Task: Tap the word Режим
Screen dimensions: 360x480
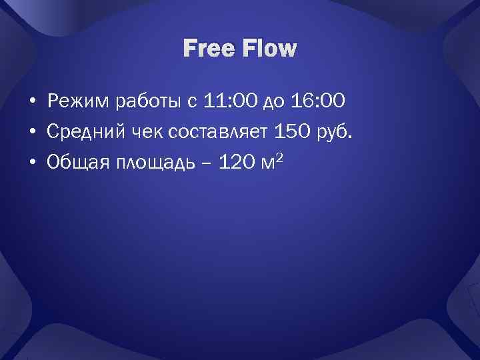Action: (x=79, y=102)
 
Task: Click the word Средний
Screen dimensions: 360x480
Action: (x=84, y=131)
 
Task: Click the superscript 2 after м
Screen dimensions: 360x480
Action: (x=279, y=157)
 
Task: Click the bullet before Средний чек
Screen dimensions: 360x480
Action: (x=32, y=132)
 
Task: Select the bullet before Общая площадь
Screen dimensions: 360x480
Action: (x=32, y=163)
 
